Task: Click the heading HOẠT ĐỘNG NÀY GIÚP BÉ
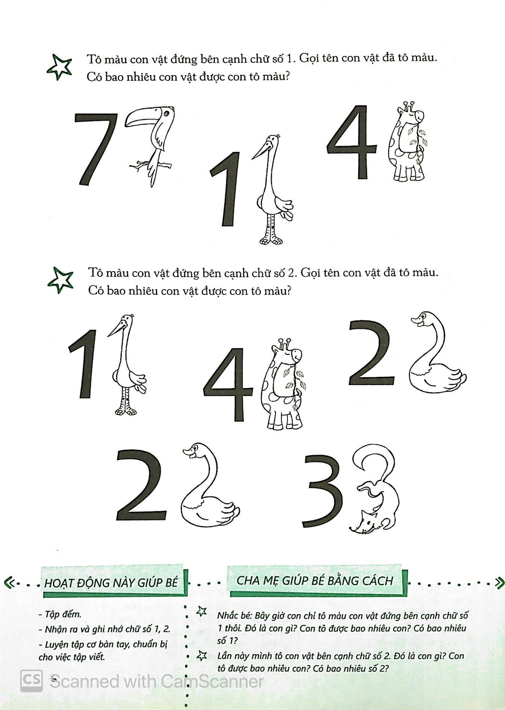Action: pos(111,583)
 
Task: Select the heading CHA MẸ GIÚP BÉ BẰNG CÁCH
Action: pos(315,580)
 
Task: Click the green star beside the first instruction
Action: pos(59,67)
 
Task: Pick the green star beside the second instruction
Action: pos(60,279)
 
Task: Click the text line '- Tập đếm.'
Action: pos(60,614)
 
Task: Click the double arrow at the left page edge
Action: pos(9,583)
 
